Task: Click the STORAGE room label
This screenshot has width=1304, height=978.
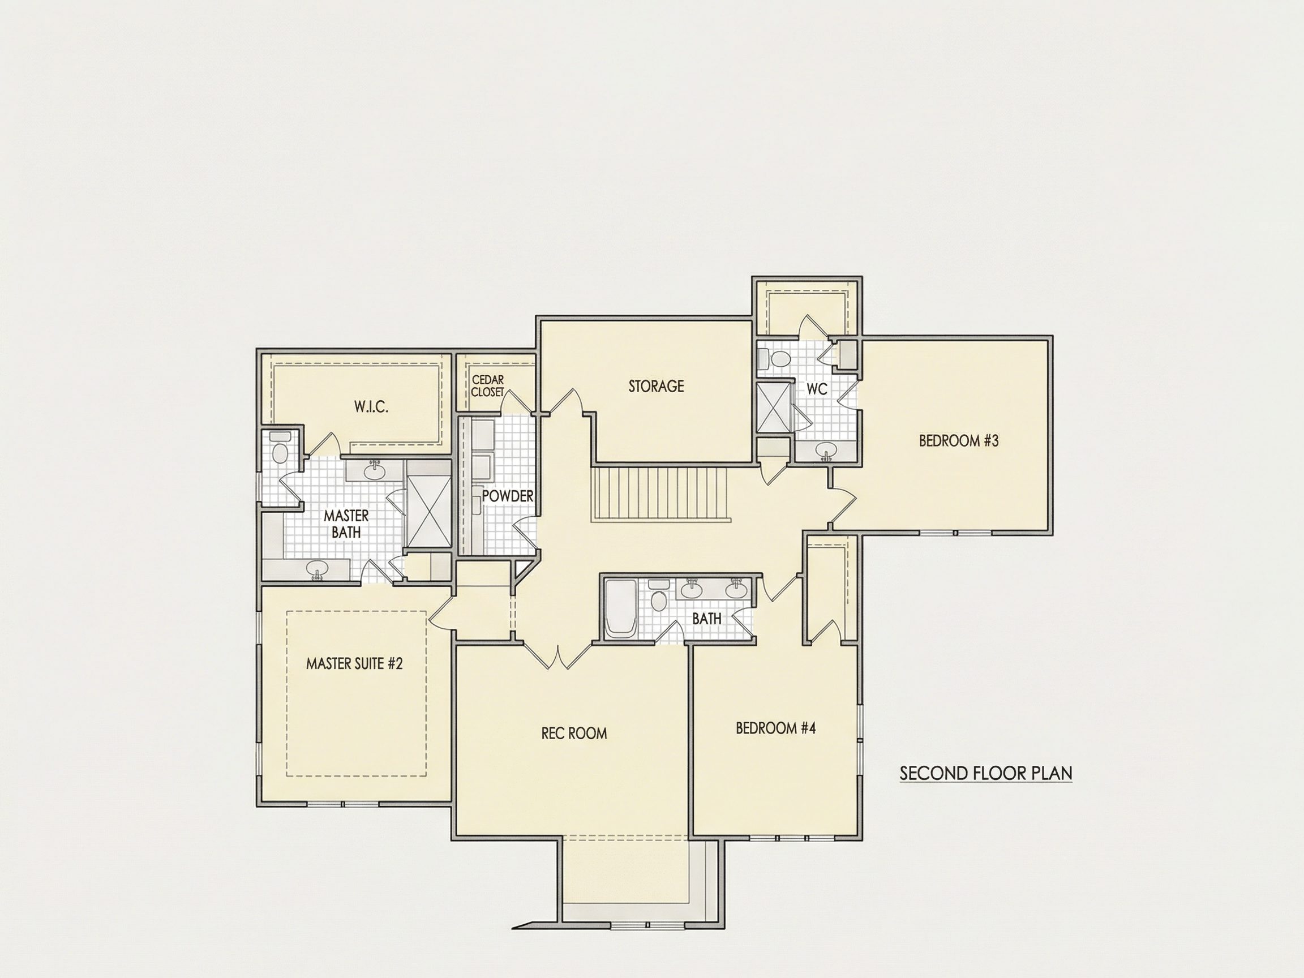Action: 656,386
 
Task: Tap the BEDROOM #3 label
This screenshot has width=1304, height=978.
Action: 959,440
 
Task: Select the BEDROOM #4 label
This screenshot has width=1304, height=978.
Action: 776,728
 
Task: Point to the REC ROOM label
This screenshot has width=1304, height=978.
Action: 574,733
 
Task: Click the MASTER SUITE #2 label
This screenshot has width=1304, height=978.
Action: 354,664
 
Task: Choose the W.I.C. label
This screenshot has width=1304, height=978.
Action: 371,407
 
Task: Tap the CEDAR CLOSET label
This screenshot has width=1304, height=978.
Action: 488,386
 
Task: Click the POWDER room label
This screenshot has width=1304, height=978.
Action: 508,496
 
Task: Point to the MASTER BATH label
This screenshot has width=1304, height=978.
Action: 346,524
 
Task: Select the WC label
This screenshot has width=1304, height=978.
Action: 817,389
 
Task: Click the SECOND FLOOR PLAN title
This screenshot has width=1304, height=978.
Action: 986,773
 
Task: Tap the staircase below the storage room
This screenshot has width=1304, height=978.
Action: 662,495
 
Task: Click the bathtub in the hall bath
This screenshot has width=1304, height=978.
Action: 620,608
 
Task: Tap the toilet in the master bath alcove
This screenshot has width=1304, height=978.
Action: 280,447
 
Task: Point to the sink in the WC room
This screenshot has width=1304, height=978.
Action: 825,452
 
